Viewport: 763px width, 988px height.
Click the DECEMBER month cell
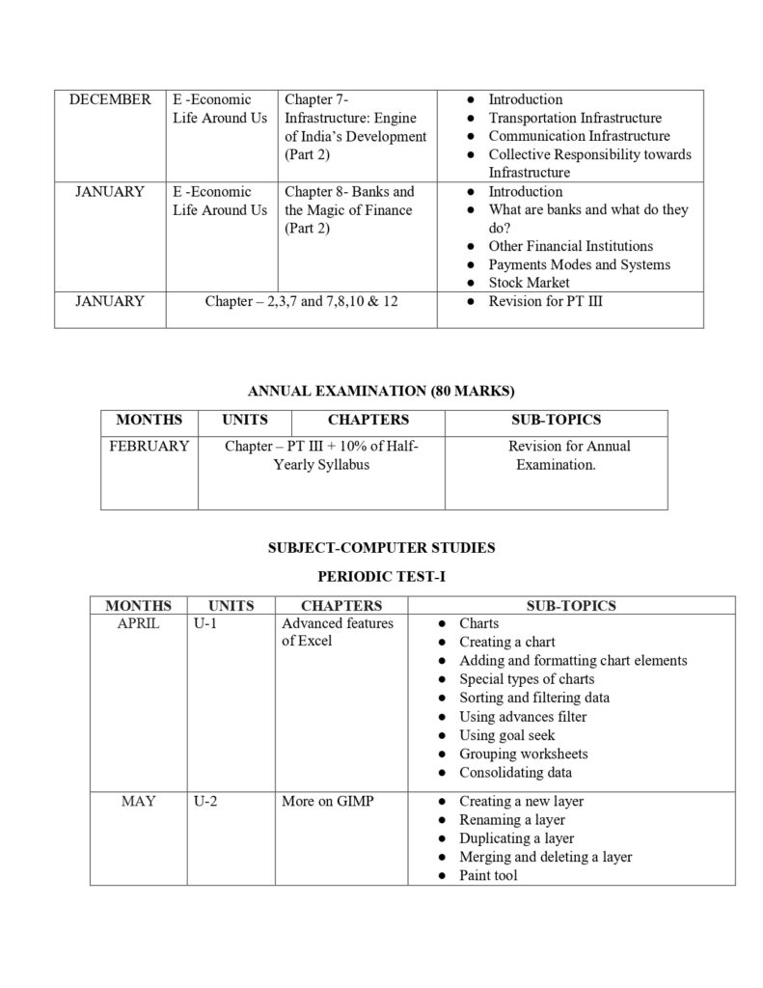(x=110, y=99)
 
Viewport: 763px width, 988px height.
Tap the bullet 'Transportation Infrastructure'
(x=575, y=118)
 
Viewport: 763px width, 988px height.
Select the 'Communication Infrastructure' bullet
(x=579, y=136)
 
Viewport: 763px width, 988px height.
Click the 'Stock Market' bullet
(x=529, y=283)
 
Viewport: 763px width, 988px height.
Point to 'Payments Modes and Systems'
(x=579, y=264)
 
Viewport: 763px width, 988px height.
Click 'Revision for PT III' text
(x=546, y=301)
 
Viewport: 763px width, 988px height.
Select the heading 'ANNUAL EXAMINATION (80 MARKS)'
(x=382, y=391)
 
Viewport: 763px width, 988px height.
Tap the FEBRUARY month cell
(x=150, y=446)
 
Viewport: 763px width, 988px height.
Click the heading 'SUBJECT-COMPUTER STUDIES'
(x=382, y=547)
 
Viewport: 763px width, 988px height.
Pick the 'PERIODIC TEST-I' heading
(x=382, y=576)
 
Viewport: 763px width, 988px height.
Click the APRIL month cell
(x=138, y=623)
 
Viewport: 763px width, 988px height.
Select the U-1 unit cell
(x=204, y=623)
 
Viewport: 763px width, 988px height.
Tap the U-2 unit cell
(x=204, y=801)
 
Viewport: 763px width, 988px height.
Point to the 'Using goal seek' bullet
(x=510, y=735)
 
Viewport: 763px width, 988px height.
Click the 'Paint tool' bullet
(x=488, y=875)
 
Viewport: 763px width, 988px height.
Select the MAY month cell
(x=138, y=801)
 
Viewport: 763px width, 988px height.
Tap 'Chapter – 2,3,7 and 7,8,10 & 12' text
(x=301, y=301)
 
